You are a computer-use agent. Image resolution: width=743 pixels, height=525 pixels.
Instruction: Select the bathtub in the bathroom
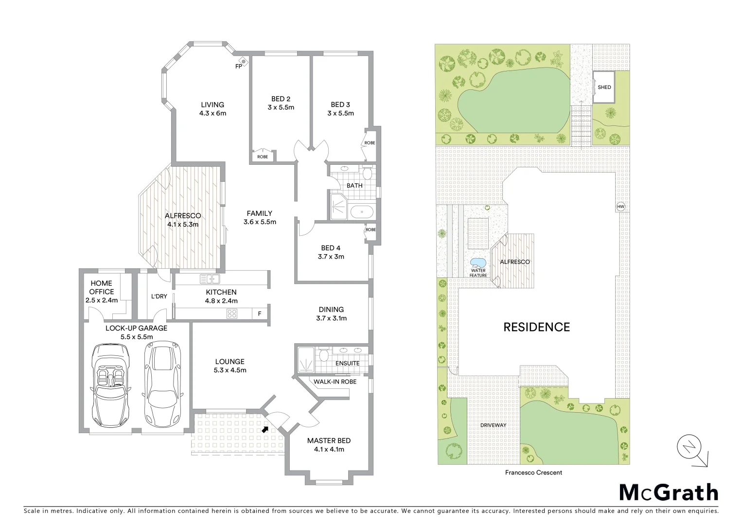(362, 212)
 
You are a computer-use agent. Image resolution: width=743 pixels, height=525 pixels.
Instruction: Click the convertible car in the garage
(110, 384)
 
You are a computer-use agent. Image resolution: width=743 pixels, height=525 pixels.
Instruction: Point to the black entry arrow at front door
(265, 429)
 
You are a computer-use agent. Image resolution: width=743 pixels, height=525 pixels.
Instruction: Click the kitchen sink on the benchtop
(210, 279)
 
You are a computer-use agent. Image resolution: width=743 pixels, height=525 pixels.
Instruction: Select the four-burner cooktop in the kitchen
(232, 314)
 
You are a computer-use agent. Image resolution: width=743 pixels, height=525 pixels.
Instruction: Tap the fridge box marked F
(260, 314)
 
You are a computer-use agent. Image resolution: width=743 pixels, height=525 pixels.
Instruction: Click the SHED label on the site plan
(604, 87)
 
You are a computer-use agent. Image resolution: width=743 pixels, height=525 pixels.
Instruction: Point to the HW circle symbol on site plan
(620, 207)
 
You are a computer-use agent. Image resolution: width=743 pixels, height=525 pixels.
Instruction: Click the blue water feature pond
(478, 263)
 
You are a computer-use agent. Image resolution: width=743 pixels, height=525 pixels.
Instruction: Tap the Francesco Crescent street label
(533, 472)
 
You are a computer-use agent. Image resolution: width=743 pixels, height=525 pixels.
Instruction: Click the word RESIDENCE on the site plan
(536, 327)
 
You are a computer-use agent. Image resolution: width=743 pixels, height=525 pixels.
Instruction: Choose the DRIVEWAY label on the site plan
(493, 425)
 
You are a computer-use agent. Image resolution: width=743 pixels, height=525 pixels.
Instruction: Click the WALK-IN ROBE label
(335, 382)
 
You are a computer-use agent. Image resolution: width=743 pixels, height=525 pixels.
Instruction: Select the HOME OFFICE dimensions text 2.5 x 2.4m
(102, 300)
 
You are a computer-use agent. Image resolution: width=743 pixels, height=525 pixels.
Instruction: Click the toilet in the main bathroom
(367, 173)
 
